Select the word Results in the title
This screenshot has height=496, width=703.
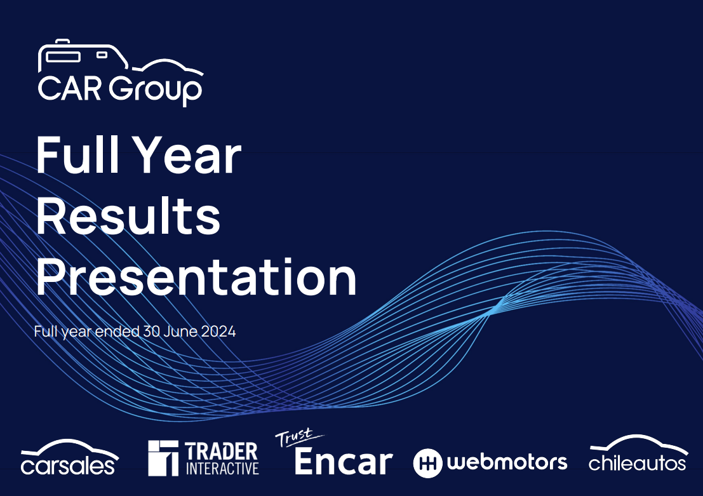click(128, 215)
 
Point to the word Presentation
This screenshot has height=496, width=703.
click(196, 277)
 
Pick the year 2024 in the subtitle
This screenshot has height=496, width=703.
click(218, 332)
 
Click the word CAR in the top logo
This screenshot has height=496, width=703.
click(70, 89)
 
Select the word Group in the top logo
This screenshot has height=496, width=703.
click(155, 91)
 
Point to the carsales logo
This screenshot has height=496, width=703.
click(69, 457)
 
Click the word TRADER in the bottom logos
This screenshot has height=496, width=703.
click(221, 451)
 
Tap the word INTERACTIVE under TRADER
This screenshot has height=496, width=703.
click(222, 469)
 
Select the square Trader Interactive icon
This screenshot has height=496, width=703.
click(163, 458)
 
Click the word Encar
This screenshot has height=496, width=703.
click(344, 462)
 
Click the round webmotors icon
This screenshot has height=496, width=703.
click(427, 463)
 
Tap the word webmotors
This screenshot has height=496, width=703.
click(507, 462)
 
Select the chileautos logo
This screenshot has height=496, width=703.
click(638, 453)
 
